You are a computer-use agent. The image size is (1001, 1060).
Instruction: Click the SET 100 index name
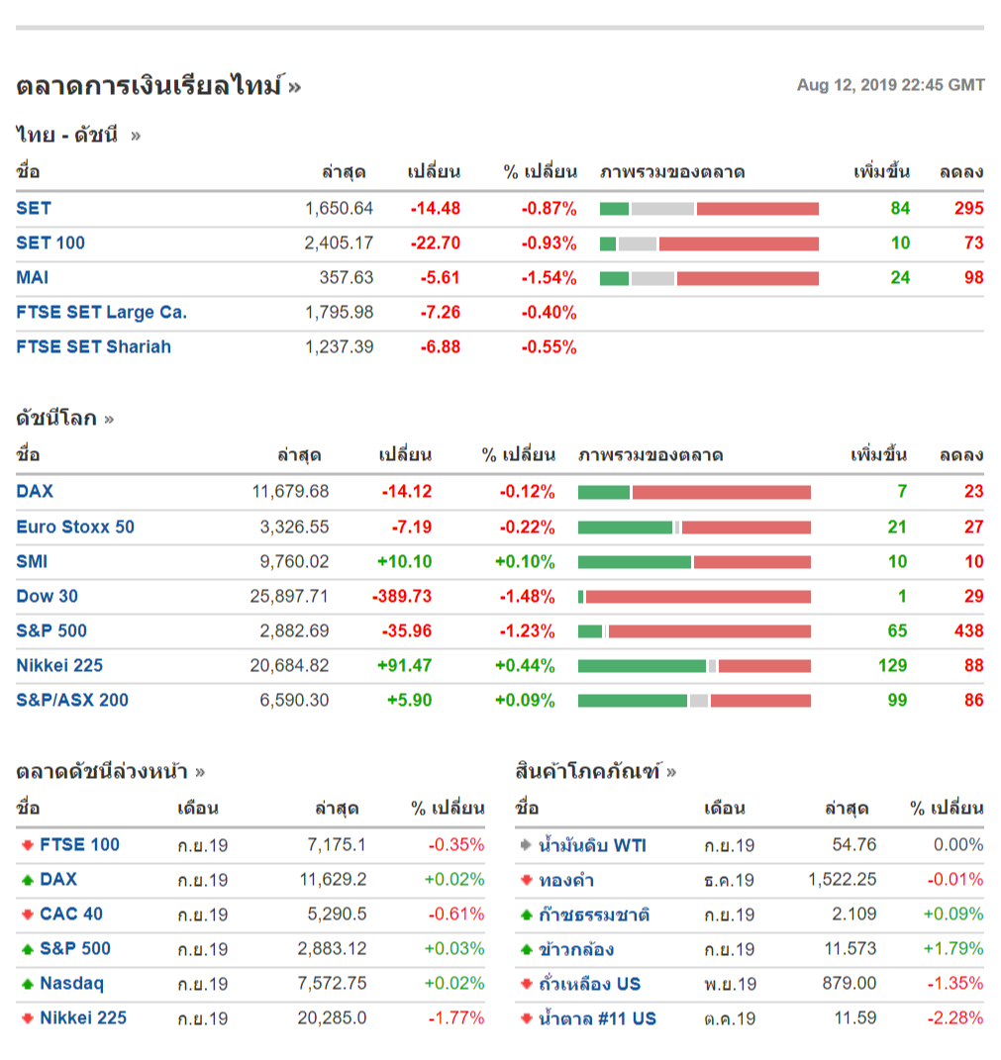coord(50,242)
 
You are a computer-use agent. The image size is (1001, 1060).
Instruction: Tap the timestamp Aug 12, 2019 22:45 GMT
coord(890,85)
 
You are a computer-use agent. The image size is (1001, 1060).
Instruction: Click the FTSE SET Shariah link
coord(93,346)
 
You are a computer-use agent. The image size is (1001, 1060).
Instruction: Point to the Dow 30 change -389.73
coord(402,596)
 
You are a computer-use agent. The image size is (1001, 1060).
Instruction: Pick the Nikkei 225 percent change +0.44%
coord(525,665)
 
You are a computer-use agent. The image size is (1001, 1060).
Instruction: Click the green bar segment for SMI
coord(634,562)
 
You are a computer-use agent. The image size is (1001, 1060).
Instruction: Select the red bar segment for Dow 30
coord(698,597)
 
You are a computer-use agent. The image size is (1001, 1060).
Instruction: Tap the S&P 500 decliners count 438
coord(968,630)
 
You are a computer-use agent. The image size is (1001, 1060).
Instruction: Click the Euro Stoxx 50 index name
coord(75,527)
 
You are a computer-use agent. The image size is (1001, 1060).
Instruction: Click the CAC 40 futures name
coord(71,914)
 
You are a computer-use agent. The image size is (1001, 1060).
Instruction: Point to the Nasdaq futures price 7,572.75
coord(332,984)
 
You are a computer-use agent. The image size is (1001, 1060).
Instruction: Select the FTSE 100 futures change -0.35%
coord(456,844)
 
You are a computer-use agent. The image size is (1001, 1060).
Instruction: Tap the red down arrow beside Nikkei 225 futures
coord(27,1018)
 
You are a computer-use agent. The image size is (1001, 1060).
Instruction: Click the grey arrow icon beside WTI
coord(526,845)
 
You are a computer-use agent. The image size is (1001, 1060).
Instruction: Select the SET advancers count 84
coord(900,208)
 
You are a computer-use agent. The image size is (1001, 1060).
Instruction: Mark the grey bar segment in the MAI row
coord(651,278)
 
